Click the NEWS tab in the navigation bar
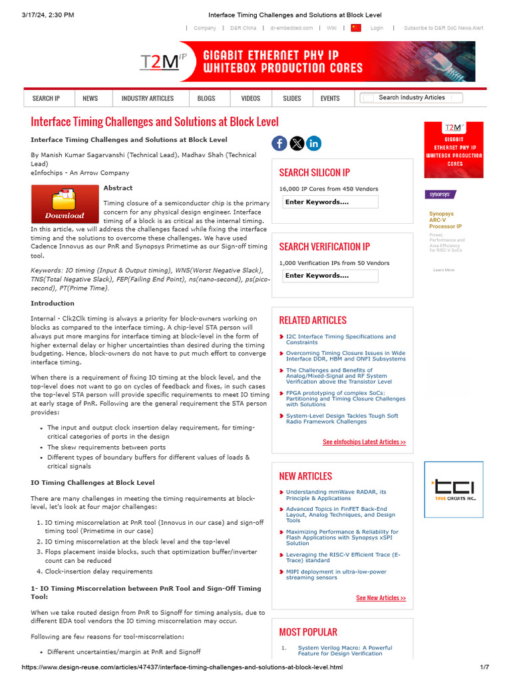[90, 98]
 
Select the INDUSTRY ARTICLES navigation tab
[147, 98]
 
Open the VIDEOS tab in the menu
[251, 98]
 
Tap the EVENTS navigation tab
[330, 98]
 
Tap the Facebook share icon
[279, 143]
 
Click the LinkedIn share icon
[313, 143]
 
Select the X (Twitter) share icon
[297, 143]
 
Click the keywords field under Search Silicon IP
[331, 202]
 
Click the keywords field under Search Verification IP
[331, 275]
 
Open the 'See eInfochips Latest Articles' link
[364, 442]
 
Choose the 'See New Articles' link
[381, 598]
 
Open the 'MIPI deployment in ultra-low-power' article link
[336, 574]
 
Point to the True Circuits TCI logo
[454, 490]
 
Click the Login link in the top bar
[377, 28]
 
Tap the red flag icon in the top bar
[356, 28]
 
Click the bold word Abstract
[118, 188]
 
